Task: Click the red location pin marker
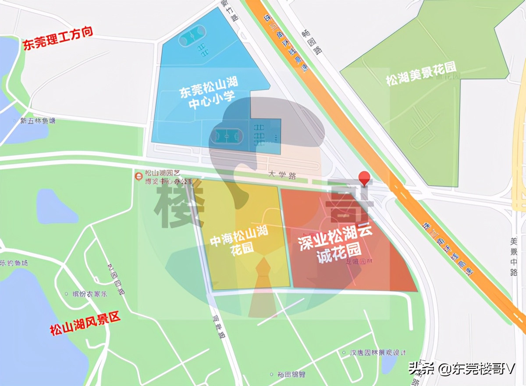click(x=364, y=178)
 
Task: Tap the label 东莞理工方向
click(x=58, y=39)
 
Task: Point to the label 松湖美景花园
click(x=421, y=74)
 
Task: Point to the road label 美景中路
click(x=514, y=257)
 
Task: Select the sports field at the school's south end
click(x=226, y=136)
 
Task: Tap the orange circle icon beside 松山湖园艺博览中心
click(x=139, y=176)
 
